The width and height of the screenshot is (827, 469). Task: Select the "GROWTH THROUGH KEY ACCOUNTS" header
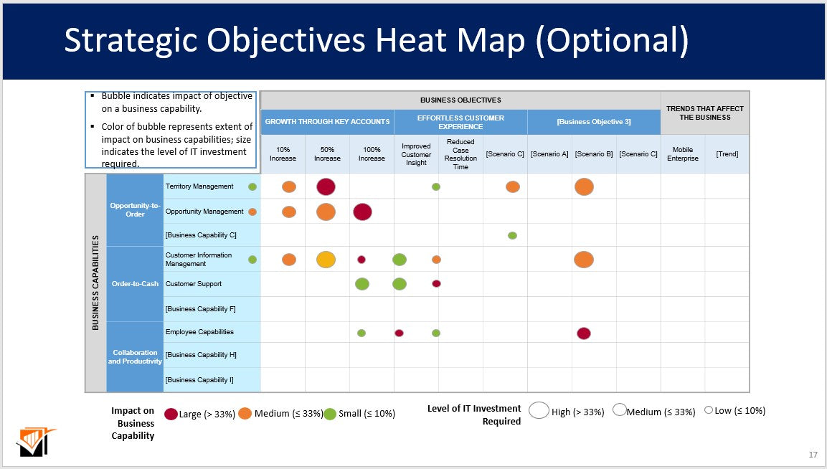click(x=327, y=122)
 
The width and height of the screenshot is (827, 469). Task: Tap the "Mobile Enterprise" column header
click(x=682, y=154)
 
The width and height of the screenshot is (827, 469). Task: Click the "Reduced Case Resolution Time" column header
click(x=460, y=154)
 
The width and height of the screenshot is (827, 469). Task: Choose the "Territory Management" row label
click(x=199, y=186)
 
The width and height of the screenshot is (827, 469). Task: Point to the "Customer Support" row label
click(x=194, y=284)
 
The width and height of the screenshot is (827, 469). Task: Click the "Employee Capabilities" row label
click(x=199, y=332)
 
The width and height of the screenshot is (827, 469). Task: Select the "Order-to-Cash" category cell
click(x=135, y=284)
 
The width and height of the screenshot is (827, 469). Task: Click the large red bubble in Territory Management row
click(x=326, y=186)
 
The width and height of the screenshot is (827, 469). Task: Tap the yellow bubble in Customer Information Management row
click(x=326, y=260)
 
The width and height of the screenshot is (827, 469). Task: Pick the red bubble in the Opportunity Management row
click(x=363, y=212)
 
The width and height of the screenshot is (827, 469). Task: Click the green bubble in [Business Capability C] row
click(x=512, y=235)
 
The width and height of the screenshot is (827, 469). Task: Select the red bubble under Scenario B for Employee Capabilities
click(x=584, y=333)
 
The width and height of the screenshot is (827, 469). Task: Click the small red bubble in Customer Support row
click(x=436, y=283)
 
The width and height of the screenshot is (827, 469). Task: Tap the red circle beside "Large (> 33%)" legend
click(x=171, y=414)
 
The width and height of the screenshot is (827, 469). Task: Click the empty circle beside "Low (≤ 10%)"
click(x=709, y=410)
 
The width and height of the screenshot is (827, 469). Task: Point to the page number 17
click(x=813, y=455)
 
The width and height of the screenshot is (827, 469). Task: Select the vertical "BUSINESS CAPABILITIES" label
click(x=96, y=283)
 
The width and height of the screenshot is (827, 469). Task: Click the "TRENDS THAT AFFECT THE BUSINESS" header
click(x=704, y=113)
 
